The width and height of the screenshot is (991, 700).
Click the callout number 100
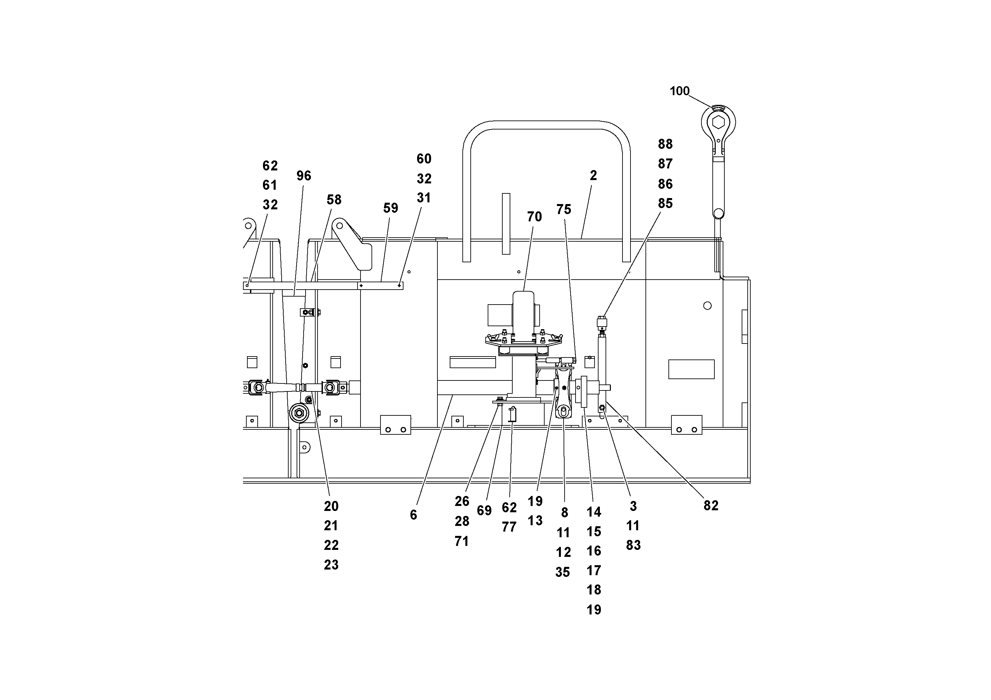point(679,91)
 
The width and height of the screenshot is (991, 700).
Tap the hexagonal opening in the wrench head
point(718,122)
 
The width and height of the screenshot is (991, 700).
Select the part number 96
point(304,176)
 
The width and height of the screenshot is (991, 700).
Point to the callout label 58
point(334,199)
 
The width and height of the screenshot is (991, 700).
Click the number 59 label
point(390,208)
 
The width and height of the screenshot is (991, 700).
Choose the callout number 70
point(534,217)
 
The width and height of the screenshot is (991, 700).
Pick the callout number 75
point(564,209)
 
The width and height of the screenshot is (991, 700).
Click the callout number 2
point(594,176)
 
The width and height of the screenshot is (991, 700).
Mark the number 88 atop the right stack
point(665,144)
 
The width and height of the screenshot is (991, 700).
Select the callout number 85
point(665,203)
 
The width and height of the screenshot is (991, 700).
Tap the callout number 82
point(711,505)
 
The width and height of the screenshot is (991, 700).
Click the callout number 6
point(413,515)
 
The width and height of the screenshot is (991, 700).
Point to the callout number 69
point(484,511)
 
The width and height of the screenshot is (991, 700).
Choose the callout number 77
point(509,527)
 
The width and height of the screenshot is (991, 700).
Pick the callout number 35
point(563,572)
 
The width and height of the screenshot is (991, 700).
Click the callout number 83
point(633,546)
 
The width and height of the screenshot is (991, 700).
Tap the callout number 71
point(462,541)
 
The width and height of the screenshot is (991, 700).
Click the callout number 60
point(424,159)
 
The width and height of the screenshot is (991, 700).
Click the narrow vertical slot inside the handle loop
point(506,224)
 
